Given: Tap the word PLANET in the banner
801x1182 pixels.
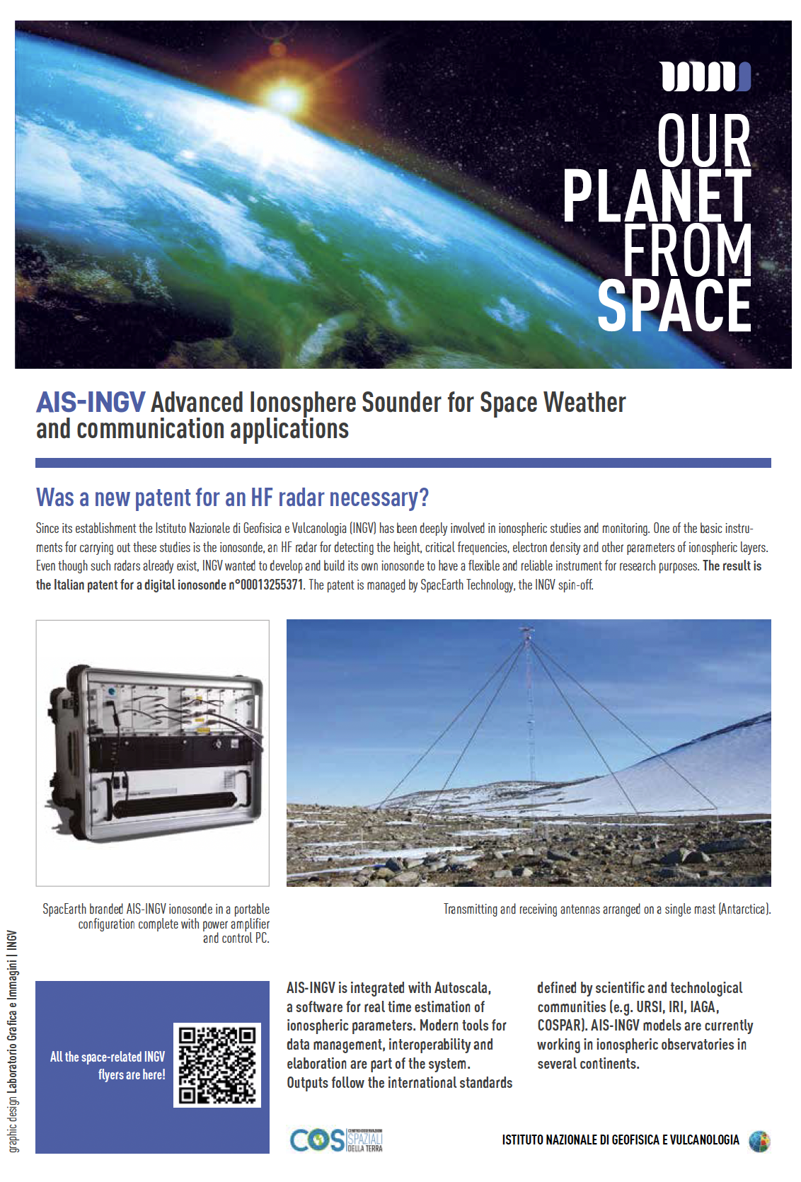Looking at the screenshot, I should (656, 196).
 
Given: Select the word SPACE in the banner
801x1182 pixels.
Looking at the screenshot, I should (674, 305).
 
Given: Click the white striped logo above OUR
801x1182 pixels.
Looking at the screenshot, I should (705, 76).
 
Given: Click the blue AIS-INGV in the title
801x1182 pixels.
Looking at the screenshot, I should (91, 403).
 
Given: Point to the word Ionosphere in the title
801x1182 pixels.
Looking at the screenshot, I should (302, 403).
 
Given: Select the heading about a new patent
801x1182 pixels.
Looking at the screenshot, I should (232, 498).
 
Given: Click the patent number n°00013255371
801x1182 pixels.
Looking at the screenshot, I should (265, 585).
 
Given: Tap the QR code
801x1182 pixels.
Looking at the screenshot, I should (217, 1065).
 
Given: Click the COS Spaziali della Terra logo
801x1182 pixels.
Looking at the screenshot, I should (336, 1140).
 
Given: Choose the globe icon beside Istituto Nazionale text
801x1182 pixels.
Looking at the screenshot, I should (759, 1140).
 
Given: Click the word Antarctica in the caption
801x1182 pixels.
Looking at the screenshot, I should (744, 909).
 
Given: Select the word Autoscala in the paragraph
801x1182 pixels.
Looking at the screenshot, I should (461, 988).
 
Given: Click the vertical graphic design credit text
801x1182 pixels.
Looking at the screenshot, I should (12, 1040).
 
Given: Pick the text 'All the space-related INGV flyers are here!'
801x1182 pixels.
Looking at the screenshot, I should (108, 1065).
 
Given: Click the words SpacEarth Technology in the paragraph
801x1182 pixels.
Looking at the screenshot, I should (467, 585).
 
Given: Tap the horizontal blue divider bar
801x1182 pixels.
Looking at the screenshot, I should (403, 463).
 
